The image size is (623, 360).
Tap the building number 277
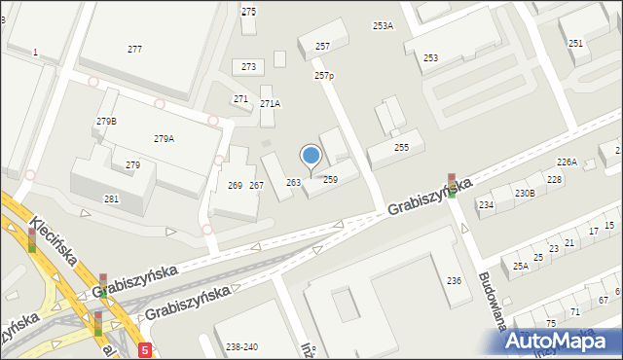click(x=134, y=49)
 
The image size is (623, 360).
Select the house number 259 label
click(x=330, y=180)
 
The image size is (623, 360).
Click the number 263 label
click(x=293, y=183)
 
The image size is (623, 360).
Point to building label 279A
click(x=164, y=139)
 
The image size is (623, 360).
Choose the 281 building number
click(x=111, y=199)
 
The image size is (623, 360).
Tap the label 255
click(x=401, y=148)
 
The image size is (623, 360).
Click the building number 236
click(x=454, y=281)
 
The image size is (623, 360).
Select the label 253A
click(x=383, y=26)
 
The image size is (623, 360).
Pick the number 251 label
click(x=575, y=44)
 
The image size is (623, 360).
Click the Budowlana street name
click(x=492, y=302)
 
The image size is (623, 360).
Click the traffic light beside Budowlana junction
click(x=452, y=185)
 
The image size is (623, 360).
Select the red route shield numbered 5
click(x=145, y=349)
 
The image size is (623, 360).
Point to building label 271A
click(x=270, y=104)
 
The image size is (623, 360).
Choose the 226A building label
click(x=567, y=162)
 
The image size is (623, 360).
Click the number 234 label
click(x=486, y=205)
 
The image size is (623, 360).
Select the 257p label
click(x=324, y=76)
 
